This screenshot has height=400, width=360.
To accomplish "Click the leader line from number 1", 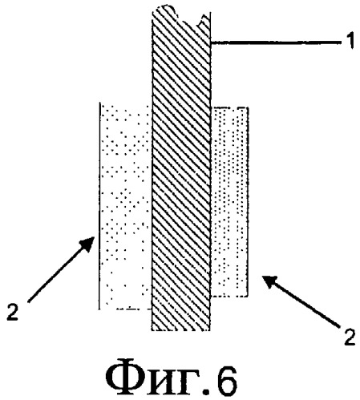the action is [x=276, y=42].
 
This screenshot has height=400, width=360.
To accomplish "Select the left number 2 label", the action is [x=12, y=312].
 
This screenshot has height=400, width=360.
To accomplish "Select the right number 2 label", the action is [x=350, y=337].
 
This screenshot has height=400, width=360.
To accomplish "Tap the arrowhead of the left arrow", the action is [x=87, y=244].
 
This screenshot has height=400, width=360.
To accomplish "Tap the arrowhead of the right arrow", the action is [x=270, y=282].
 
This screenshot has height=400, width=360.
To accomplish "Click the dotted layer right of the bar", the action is [x=229, y=202].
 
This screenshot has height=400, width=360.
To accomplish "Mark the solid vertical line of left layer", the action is [x=99, y=206].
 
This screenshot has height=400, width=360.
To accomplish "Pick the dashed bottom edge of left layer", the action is [x=131, y=309].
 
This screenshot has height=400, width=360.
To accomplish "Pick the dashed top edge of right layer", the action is [x=229, y=107].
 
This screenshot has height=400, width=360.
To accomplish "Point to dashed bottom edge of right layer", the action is [x=229, y=296].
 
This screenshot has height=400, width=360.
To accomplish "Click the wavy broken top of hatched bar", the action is [x=180, y=14].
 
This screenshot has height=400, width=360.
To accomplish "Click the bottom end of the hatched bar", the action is [x=180, y=329].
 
